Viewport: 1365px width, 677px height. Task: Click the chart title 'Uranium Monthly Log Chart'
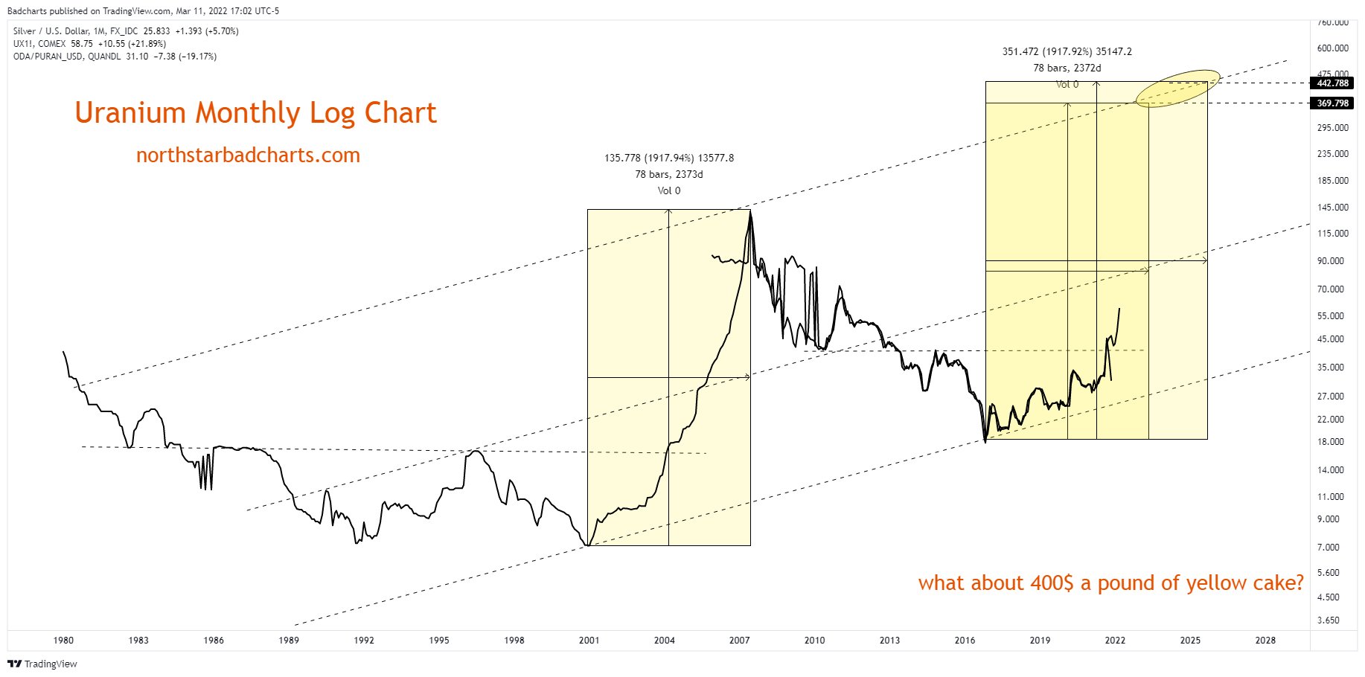(x=255, y=113)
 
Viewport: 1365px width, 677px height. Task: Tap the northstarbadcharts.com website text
(x=248, y=155)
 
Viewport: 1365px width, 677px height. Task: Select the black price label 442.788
(x=1332, y=83)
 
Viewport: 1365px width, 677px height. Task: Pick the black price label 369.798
(x=1332, y=103)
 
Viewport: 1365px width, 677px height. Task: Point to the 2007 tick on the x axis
(x=739, y=640)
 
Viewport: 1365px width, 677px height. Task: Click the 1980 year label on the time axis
(x=63, y=640)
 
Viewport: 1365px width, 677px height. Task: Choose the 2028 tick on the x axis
(x=1265, y=640)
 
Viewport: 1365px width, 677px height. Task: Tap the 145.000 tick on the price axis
(x=1332, y=208)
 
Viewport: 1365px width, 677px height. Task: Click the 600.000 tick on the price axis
(x=1332, y=48)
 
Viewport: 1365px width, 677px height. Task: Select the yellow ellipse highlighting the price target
(x=1178, y=89)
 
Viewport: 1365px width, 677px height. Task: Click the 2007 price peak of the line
(x=750, y=213)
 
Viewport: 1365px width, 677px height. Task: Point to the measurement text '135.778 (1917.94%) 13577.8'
(x=668, y=158)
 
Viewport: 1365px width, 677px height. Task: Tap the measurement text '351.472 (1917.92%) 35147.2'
(x=1067, y=51)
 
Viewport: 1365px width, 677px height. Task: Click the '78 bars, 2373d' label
(x=668, y=174)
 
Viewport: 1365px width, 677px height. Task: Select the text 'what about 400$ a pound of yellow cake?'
(x=1110, y=583)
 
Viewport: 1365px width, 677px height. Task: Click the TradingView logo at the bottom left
(x=42, y=664)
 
